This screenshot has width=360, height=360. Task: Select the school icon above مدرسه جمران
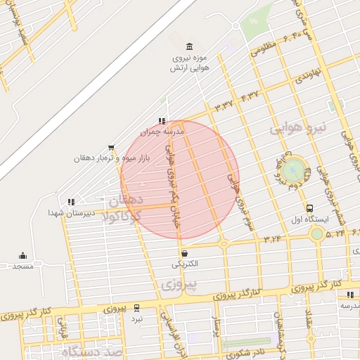click(162, 121)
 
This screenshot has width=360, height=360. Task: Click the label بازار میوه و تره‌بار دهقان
click(107, 158)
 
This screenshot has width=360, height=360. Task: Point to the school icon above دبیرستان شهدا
click(70, 202)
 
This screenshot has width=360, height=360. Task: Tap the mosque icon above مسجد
click(22, 256)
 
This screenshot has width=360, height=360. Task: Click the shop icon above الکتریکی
click(184, 253)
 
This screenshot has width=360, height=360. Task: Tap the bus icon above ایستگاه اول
click(310, 209)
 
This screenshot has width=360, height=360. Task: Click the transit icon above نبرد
click(136, 307)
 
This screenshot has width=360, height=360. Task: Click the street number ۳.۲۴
click(273, 240)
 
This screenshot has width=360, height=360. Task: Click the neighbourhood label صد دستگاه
click(91, 351)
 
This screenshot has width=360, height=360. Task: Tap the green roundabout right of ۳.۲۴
click(318, 233)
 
